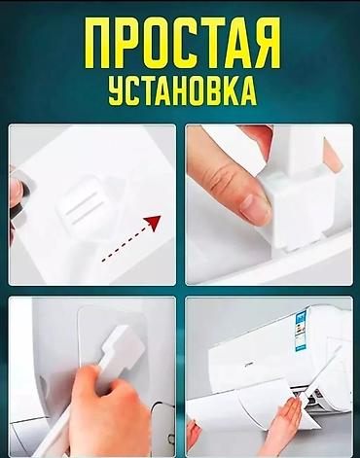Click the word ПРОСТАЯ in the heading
pos(183,43)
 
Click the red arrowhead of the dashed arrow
pos(154,223)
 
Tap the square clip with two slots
pos(81,202)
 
